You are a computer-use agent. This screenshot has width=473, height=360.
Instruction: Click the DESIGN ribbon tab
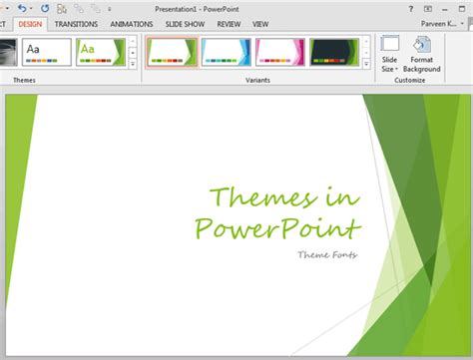pos(31,23)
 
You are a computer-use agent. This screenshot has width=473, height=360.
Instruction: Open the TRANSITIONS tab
pos(76,23)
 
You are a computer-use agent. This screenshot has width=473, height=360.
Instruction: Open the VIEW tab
pos(261,23)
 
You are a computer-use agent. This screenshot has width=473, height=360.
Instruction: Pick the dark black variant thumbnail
pos(334,52)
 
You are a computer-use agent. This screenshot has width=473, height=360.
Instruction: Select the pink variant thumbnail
pos(280,52)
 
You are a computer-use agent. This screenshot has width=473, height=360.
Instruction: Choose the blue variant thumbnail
pos(226,52)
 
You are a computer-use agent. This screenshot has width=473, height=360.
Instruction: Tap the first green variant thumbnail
pos(172,52)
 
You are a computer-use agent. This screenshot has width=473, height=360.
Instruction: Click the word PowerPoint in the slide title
pos(276,228)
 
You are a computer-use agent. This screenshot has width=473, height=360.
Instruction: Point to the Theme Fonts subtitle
pos(327,255)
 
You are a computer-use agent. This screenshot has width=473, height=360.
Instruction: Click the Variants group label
pos(257,80)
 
